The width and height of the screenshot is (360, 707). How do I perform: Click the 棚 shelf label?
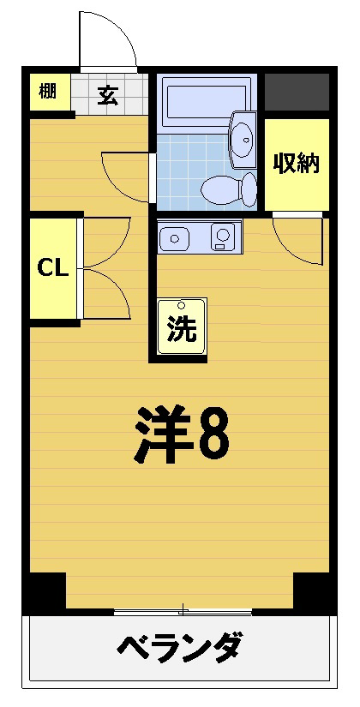[x=47, y=92]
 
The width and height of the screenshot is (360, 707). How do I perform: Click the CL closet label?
[x=52, y=268]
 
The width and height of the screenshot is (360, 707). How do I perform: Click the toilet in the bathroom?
[x=229, y=189]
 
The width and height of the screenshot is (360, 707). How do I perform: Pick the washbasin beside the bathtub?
[x=243, y=140]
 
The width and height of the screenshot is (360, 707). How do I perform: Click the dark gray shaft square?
[x=297, y=92]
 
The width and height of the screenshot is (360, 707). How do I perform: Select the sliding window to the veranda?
[x=183, y=611]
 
